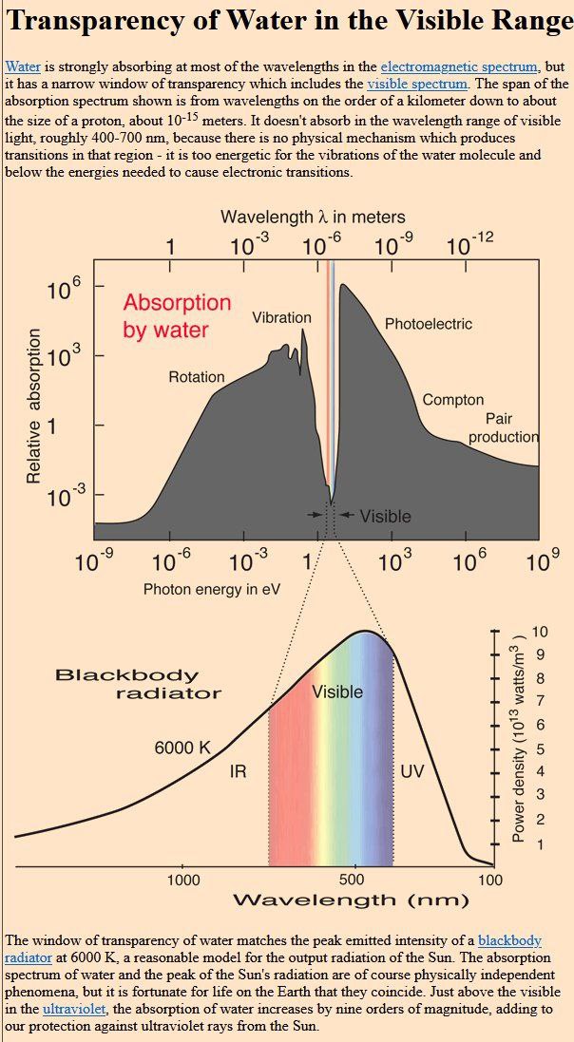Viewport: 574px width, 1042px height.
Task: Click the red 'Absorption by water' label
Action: pyautogui.click(x=177, y=316)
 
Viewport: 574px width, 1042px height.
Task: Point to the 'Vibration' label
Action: pyautogui.click(x=281, y=318)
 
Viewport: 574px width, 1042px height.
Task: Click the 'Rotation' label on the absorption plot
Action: pyautogui.click(x=197, y=377)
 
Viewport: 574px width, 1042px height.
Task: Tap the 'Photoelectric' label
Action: pyautogui.click(x=428, y=324)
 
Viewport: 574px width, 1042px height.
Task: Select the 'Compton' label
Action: pyautogui.click(x=453, y=400)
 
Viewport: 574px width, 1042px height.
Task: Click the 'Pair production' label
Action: pyautogui.click(x=503, y=427)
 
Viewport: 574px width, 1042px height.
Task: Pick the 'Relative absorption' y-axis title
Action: pyautogui.click(x=34, y=406)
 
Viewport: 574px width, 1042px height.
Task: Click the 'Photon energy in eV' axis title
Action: pyautogui.click(x=212, y=589)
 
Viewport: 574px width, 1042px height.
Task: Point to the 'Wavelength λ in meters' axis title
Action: pyautogui.click(x=313, y=217)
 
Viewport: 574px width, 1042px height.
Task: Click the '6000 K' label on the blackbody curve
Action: pyautogui.click(x=182, y=748)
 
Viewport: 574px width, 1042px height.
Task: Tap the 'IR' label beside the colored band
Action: pyautogui.click(x=238, y=771)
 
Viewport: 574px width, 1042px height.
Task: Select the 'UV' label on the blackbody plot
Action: pyautogui.click(x=411, y=771)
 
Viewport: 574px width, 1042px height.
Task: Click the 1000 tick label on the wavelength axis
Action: pyautogui.click(x=183, y=880)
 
